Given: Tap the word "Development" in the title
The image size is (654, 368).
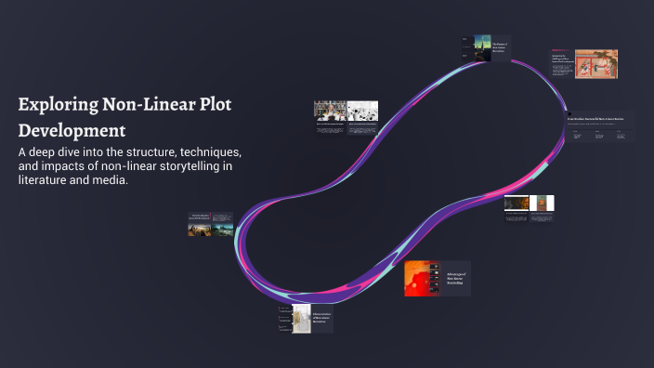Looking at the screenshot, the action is tap(72, 129).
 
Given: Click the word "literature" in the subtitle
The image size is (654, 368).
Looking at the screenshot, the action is tap(46, 181).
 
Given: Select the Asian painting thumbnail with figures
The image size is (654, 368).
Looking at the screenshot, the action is tap(595, 64).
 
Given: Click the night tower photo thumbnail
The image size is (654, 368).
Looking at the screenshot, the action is tap(483, 46).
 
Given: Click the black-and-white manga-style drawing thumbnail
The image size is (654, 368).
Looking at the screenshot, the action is tap(362, 112).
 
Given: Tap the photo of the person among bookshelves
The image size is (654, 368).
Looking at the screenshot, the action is tap(330, 112).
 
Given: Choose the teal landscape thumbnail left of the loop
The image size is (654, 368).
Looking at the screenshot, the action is tap(223, 228).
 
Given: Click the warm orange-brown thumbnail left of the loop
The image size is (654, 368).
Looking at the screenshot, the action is tap(200, 228).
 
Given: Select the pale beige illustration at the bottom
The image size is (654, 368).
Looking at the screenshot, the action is tap(300, 319).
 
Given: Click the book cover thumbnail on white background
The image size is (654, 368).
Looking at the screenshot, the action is tap(543, 204).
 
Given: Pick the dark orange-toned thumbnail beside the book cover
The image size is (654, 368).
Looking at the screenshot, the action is tap(517, 204).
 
